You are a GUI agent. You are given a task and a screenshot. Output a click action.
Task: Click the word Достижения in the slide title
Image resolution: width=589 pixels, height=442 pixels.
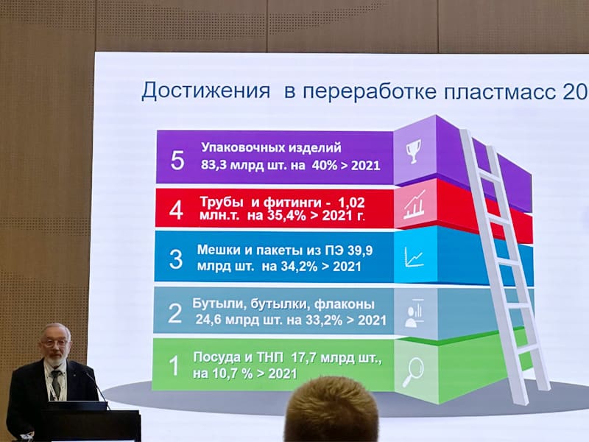coord(206,91)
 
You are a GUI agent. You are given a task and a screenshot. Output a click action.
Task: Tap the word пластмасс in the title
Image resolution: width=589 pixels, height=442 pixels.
coord(500,91)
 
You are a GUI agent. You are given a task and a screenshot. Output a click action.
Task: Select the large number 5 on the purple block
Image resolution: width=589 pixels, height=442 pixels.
coord(177,160)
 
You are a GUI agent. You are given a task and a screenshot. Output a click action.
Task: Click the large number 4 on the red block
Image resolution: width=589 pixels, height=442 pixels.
coord(176,210)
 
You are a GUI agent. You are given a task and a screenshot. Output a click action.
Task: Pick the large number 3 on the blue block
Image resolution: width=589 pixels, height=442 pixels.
coord(176,259)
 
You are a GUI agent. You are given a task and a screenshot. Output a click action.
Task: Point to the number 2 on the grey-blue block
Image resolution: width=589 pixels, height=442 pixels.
coord(175,313)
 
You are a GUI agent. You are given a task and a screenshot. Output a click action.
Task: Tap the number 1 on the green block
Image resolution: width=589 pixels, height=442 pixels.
coord(174,365)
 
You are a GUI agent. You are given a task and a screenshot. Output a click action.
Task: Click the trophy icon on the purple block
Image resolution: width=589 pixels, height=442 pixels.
coord(414,152)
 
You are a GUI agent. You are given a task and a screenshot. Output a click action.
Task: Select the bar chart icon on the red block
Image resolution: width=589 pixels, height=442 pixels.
coord(415,206)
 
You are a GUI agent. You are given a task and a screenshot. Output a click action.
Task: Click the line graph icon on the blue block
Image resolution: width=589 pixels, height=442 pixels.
coord(414,257)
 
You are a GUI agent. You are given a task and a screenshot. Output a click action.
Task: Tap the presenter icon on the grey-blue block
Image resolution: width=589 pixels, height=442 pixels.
coord(415,312)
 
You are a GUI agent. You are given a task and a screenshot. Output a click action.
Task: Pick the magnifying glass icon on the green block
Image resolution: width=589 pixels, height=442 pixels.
coord(413,372)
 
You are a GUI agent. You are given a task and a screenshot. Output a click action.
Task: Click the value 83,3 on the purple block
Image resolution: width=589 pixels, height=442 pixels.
coord(214,165)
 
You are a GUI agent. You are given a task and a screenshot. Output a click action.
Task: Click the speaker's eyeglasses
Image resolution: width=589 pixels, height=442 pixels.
coord(55,343)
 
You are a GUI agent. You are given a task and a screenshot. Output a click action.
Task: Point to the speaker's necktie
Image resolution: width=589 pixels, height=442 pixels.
coord(56,383)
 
